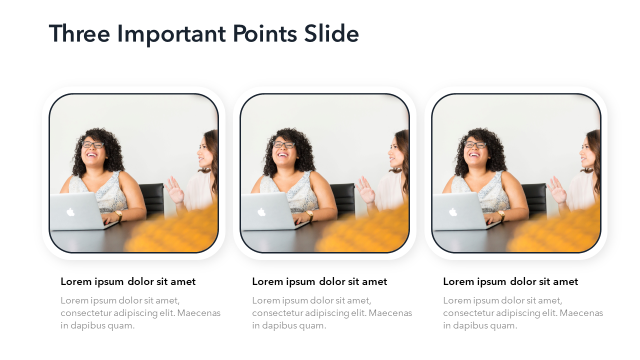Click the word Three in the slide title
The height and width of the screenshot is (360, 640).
[x=79, y=33]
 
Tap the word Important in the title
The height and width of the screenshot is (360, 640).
[x=171, y=35]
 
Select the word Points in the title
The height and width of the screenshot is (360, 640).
[x=265, y=33]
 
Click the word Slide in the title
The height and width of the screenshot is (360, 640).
[x=331, y=33]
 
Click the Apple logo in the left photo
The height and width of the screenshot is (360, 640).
[x=70, y=212]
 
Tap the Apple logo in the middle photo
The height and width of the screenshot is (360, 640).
[x=261, y=212]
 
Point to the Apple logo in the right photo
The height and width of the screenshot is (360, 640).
[x=453, y=212]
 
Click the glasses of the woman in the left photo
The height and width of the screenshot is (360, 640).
[x=93, y=144]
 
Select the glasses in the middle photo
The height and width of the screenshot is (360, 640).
[x=284, y=144]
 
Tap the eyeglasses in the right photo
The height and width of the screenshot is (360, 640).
[x=475, y=144]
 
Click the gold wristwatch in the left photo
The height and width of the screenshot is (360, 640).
[x=119, y=215]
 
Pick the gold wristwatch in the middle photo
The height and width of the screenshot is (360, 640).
[x=310, y=215]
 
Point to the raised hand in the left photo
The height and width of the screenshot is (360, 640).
[x=175, y=190]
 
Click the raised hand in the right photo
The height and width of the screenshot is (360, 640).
[x=557, y=190]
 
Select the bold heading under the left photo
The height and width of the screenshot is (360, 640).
[x=128, y=281]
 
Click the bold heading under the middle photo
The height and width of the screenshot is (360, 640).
[x=319, y=281]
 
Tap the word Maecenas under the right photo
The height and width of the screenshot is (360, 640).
[x=581, y=313]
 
